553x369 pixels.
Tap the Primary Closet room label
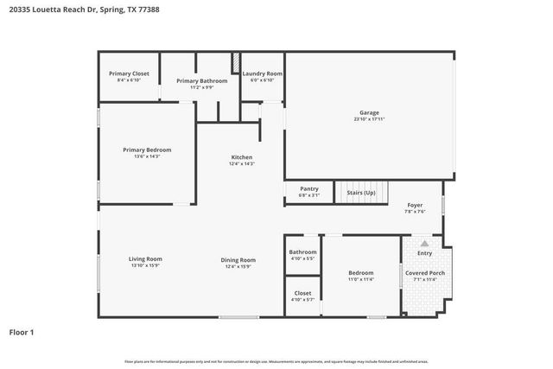point(129,74)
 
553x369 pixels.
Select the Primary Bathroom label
point(194,81)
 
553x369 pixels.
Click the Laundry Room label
point(262,74)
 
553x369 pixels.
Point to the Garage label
point(369,113)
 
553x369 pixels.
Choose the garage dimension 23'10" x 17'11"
point(369,120)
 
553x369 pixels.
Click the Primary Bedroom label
point(146,150)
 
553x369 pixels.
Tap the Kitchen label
point(241,157)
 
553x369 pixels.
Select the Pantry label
point(308,188)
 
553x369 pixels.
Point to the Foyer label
point(415,206)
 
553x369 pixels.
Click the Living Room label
point(145,259)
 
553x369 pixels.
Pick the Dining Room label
point(238,259)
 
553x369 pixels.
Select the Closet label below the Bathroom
point(302,293)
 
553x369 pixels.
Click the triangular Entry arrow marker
point(424,245)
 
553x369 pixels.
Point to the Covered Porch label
point(424,273)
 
